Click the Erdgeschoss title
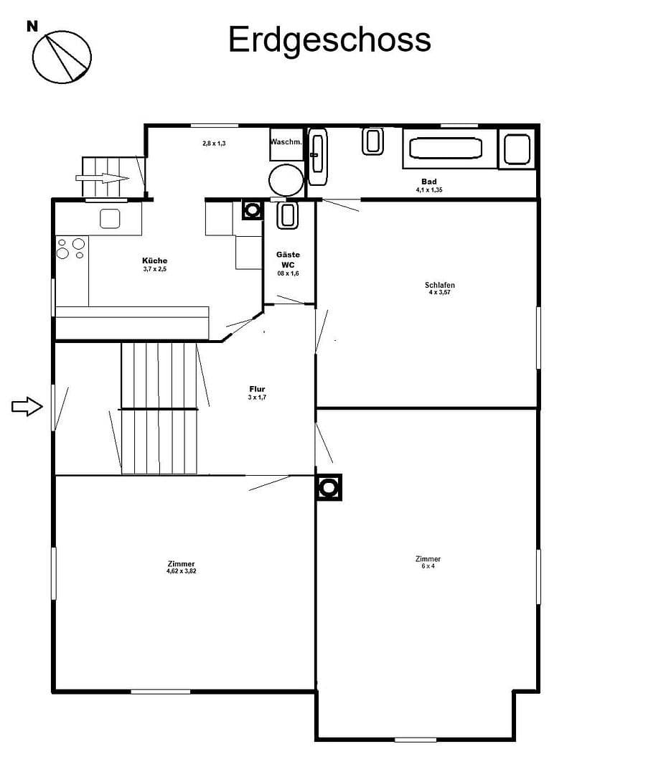coord(329,40)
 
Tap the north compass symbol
coord(62,57)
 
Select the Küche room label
coord(155,260)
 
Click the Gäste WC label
coord(288,259)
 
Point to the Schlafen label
coord(439,285)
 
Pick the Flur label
coord(257,389)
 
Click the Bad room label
coord(429,182)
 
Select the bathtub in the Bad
coord(444,149)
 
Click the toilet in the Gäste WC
coord(287,215)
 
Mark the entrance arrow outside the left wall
coord(27,407)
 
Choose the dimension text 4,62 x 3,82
coord(181,571)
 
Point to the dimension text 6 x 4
coord(428,566)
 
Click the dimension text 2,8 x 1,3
coord(214,144)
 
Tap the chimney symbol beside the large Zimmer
coord(329,488)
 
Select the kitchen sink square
coord(110,218)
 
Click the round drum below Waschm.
coord(286,179)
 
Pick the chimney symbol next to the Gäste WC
coord(252,210)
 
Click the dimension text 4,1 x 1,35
coord(429,190)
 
